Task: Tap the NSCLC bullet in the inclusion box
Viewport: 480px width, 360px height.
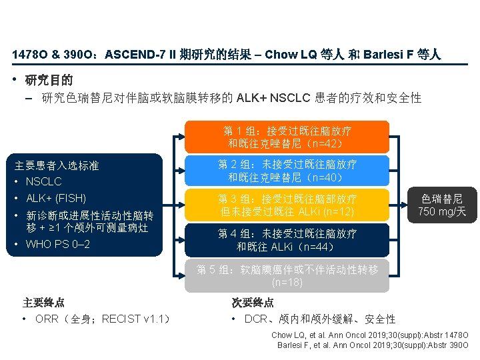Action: click(x=43, y=181)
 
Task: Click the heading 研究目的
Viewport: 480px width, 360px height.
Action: click(x=49, y=81)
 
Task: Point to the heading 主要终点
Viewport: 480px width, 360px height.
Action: click(x=43, y=302)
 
